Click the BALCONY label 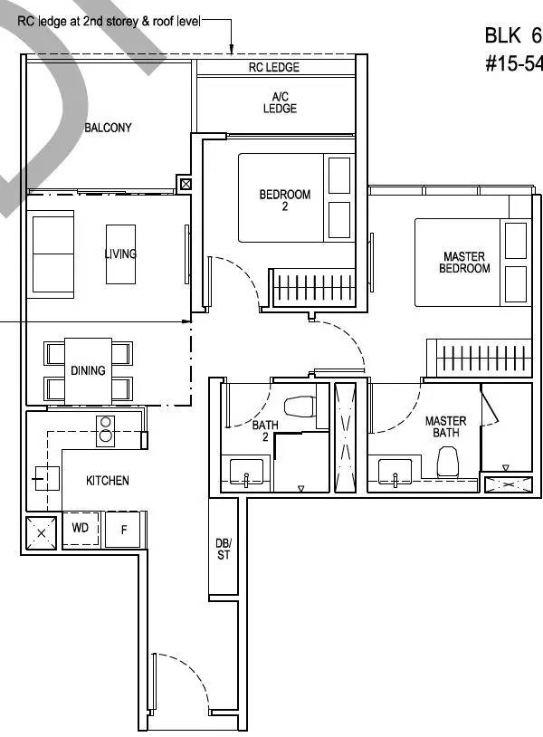pos(108,128)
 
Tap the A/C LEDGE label pos(280,102)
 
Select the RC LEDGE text pos(274,67)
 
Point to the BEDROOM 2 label pos(285,200)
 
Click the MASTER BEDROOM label pos(464,263)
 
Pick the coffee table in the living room pos(120,254)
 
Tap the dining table pos(88,371)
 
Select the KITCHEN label pos(107,481)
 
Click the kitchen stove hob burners pos(106,431)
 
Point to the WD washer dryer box pos(81,529)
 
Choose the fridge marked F pos(123,530)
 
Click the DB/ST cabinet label pos(224,549)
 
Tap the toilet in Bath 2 pos(300,407)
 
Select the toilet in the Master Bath pos(447,462)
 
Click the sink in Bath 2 pos(246,472)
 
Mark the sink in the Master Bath pos(395,471)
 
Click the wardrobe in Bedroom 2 pos(314,287)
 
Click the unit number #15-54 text pos(514,63)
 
